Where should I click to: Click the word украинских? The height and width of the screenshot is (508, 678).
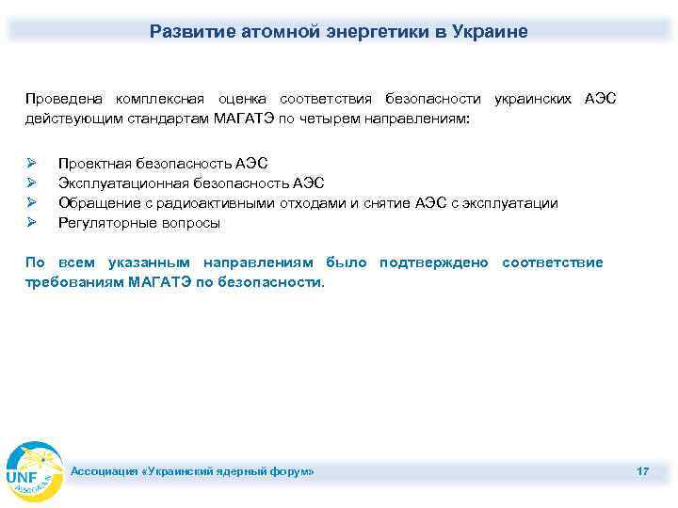coord(533,99)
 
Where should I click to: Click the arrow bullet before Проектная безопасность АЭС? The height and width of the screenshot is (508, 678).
coord(31,164)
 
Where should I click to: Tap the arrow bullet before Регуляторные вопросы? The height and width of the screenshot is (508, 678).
coord(31,223)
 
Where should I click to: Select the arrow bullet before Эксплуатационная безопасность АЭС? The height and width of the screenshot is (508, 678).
coord(31,183)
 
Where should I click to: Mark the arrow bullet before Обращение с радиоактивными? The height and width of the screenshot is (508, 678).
coord(31,203)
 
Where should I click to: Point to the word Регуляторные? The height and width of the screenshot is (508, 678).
coord(103,223)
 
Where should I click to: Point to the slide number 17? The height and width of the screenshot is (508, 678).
coord(642,470)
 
